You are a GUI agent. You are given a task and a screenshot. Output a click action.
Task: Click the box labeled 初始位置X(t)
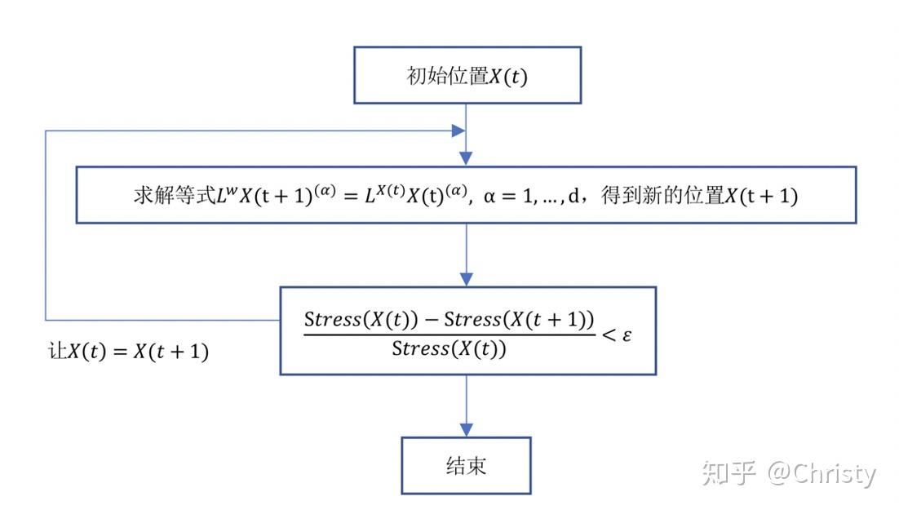pyautogui.click(x=467, y=75)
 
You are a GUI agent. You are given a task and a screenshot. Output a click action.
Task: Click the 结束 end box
pyautogui.click(x=466, y=465)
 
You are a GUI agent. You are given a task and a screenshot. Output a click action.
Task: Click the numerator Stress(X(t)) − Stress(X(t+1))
pyautogui.click(x=449, y=319)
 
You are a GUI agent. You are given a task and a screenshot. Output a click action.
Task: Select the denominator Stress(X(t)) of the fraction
pyautogui.click(x=449, y=349)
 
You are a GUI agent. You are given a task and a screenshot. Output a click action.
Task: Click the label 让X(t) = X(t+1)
pyautogui.click(x=129, y=352)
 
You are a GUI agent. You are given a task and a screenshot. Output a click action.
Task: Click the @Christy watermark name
pyautogui.click(x=822, y=473)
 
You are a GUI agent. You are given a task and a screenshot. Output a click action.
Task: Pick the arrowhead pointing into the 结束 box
pyautogui.click(x=466, y=429)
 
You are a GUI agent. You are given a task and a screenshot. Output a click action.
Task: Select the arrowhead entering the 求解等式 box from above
pyautogui.click(x=466, y=160)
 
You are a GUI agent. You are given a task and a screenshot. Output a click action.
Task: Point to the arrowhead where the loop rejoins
pyautogui.click(x=458, y=131)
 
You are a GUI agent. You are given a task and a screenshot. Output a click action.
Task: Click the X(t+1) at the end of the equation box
pyautogui.click(x=762, y=196)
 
